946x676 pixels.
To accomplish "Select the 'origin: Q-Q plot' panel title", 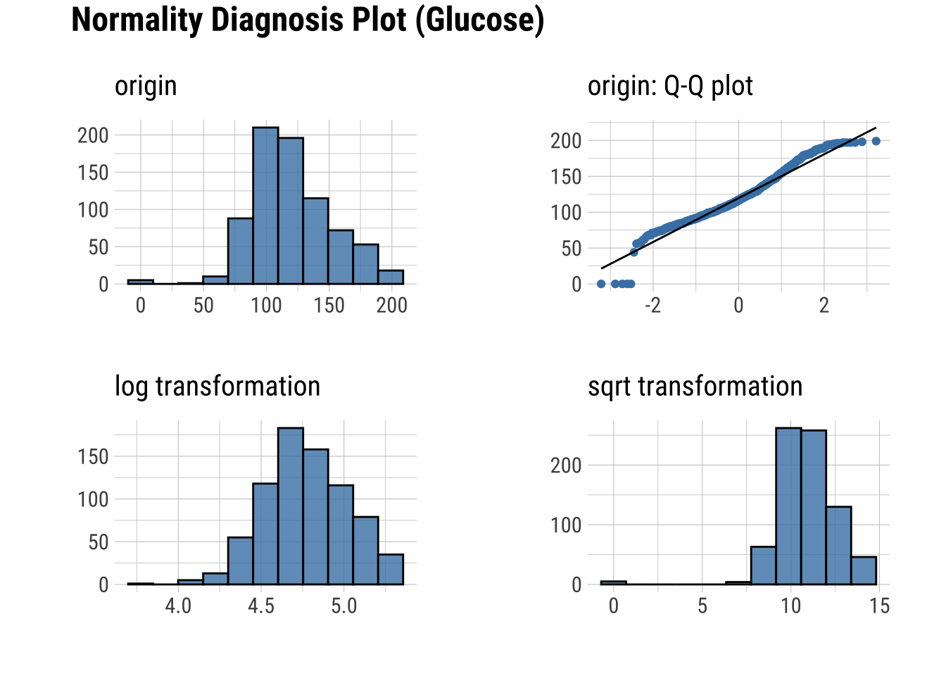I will tap(670, 86).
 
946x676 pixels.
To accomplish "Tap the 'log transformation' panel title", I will tap(217, 387).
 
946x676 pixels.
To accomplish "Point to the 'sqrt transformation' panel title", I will tap(695, 387).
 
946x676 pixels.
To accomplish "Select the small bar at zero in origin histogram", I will tap(140, 282).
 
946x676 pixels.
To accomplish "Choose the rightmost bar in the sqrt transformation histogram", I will tap(864, 570).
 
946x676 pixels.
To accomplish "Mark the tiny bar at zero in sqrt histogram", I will tap(613, 582).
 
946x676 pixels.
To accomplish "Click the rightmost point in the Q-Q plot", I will tap(876, 142).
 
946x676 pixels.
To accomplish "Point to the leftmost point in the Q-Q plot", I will tap(601, 284).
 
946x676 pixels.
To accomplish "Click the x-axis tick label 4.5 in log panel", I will tap(261, 606).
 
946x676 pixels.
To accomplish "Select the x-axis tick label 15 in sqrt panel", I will tap(880, 606).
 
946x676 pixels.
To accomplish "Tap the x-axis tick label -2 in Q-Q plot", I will tap(652, 306).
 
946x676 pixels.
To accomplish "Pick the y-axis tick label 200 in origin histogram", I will tap(93, 135).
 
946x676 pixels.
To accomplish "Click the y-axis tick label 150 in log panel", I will tap(93, 457).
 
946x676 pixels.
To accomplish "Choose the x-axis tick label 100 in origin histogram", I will tap(266, 306).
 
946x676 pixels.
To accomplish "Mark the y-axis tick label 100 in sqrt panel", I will tap(566, 525).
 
